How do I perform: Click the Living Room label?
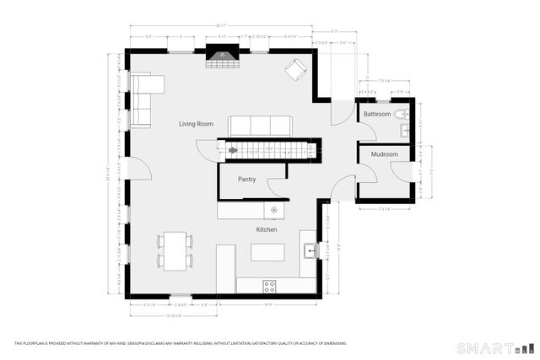pos(196,124)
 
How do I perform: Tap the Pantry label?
pos(246,179)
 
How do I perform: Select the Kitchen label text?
pos(267,229)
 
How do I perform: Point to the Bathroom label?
pos(377,114)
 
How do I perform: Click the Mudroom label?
pos(384,154)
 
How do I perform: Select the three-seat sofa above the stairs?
pos(260,126)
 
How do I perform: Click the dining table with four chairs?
pos(175,251)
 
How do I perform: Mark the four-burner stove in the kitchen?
pos(270,285)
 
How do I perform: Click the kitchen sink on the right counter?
pos(310,250)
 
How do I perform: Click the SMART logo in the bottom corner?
pos(485,347)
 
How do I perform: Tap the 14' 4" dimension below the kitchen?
pos(268,304)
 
